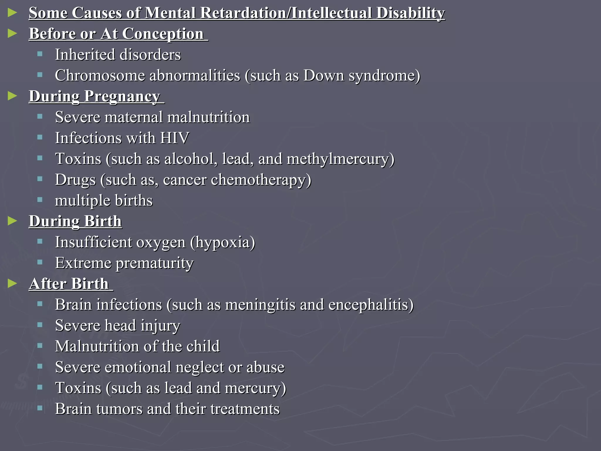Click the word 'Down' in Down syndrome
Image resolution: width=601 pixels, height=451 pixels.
point(323,75)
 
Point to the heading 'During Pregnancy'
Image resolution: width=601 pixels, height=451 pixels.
point(94,96)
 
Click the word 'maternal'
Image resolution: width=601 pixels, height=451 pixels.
point(134,117)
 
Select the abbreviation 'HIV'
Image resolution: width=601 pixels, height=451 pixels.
point(174,138)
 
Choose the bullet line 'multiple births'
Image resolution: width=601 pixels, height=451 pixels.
point(104,201)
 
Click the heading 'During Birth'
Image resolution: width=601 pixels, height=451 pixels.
point(75,221)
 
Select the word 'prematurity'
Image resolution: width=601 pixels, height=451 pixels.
point(155,263)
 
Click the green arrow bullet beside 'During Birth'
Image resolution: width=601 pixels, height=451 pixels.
point(12,221)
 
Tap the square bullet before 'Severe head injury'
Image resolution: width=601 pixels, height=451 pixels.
point(40,325)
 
